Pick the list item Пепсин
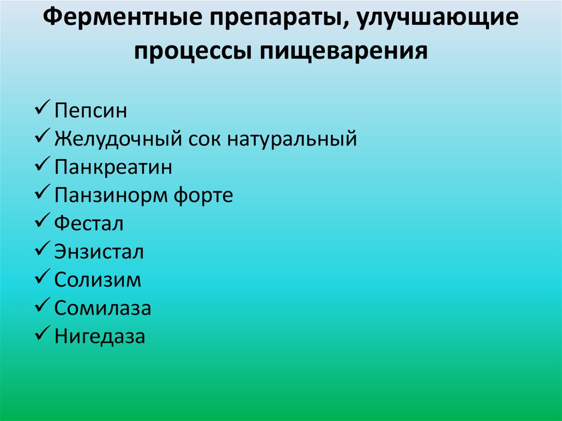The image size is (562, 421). click(x=91, y=111)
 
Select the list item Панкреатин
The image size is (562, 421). click(x=113, y=167)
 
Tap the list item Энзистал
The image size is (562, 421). click(x=99, y=252)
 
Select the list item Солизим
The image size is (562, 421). click(x=98, y=280)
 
